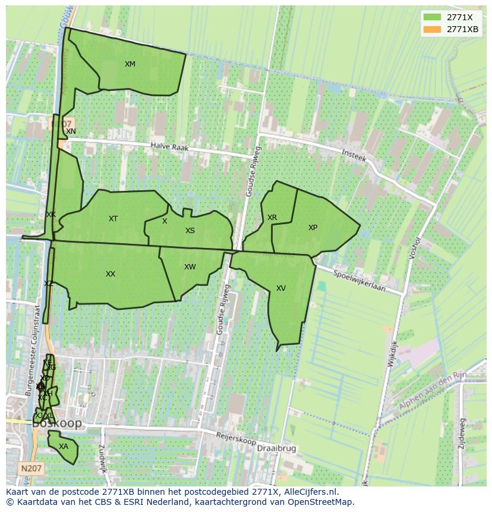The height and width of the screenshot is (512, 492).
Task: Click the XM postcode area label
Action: pos(130,64)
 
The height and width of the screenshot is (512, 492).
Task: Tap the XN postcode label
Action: pos(71,131)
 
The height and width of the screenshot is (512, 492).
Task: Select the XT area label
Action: pos(113,219)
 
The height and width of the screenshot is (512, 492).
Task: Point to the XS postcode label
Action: pos(190,231)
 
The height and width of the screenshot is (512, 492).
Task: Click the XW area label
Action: pos(190,267)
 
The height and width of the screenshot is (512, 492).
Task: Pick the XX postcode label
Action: pos(111,274)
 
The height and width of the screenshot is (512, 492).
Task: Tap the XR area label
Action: pos(272,218)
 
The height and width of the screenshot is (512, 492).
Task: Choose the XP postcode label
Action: pos(313,228)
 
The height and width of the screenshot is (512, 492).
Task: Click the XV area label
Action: pos(281,288)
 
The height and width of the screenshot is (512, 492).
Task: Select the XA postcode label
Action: pos(64,447)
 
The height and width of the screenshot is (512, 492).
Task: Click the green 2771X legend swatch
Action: pos(432,17)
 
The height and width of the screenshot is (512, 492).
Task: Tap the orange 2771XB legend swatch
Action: pos(432,29)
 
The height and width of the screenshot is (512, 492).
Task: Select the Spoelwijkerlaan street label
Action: pos(359,282)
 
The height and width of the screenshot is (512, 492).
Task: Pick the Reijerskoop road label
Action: pos(236,439)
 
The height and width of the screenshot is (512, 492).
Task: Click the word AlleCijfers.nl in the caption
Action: pos(310,492)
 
